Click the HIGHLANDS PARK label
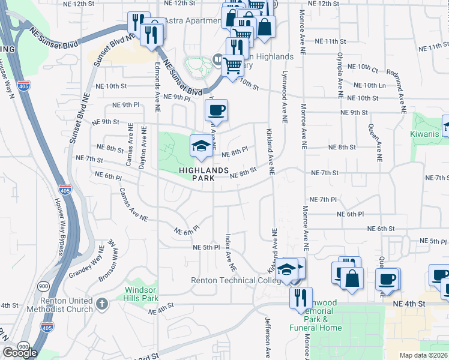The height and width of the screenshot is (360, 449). point(203,174)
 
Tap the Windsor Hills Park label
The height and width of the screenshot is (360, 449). point(141,293)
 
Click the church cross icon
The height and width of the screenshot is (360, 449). point(101,304)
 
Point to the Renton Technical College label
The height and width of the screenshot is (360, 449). point(235,280)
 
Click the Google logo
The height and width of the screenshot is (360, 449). point(20,353)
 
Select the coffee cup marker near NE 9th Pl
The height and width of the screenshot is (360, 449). point(217,110)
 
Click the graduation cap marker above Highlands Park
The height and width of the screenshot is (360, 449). point(202,146)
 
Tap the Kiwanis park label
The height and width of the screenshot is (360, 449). point(426,133)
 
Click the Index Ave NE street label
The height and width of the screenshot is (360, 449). point(230,251)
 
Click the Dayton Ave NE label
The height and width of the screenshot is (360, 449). point(143,144)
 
